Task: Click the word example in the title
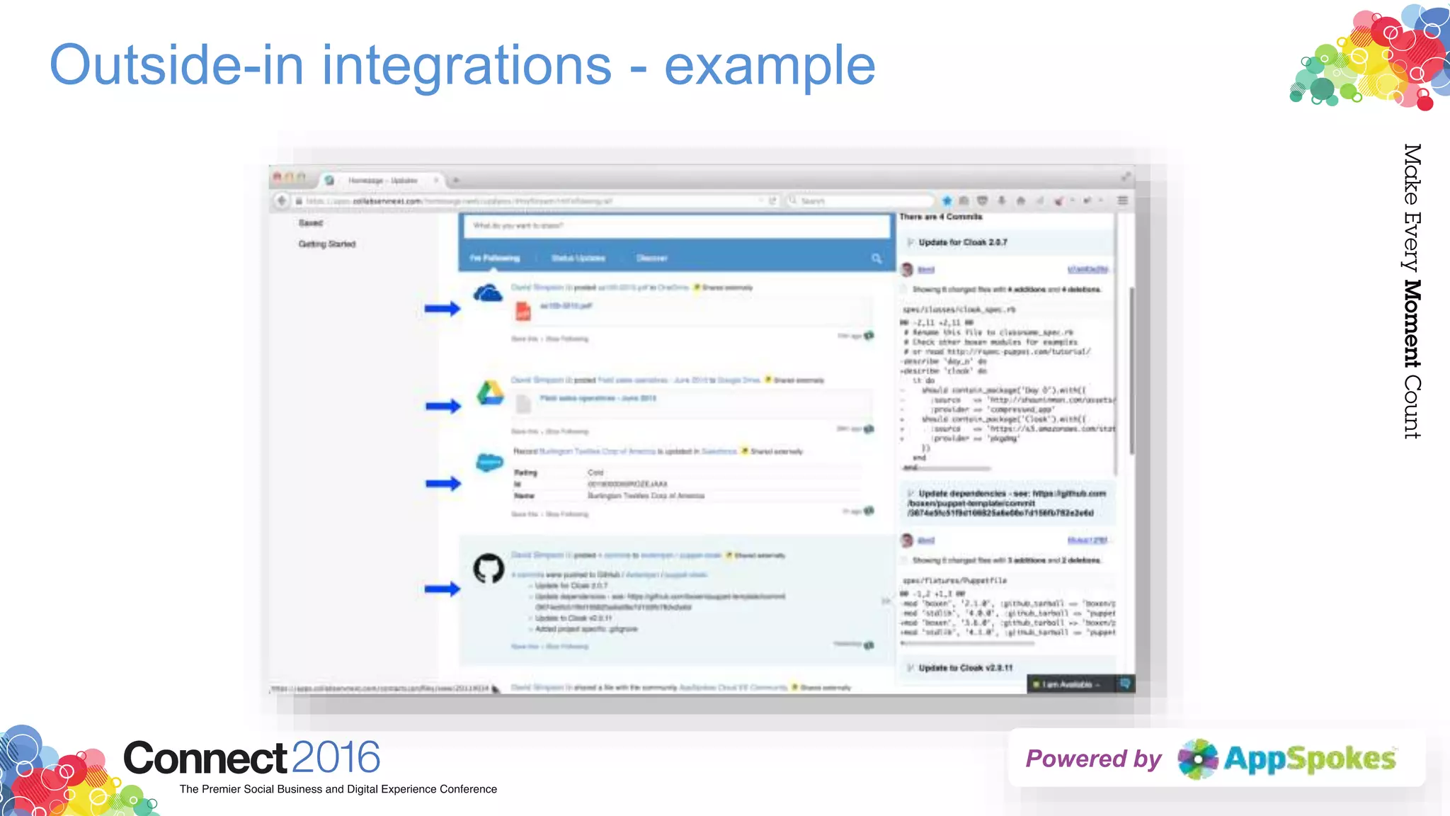(x=770, y=65)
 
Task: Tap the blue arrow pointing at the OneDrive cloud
(x=442, y=308)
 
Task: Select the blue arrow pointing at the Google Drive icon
(x=443, y=406)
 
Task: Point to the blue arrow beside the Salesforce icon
(x=443, y=484)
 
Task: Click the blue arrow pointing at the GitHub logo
(x=442, y=589)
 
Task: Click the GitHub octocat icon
(x=489, y=568)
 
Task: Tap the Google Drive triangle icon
(x=489, y=393)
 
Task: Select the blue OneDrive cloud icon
(x=488, y=293)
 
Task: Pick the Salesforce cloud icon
(x=489, y=463)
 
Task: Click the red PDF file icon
(x=523, y=310)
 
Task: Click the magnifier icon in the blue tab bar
(x=877, y=259)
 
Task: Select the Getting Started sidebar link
(x=327, y=244)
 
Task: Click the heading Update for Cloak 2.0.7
(x=963, y=242)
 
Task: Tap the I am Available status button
(x=1067, y=684)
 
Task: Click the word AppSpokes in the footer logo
(x=1309, y=759)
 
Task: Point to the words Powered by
(x=1093, y=759)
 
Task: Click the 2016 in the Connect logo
(x=336, y=758)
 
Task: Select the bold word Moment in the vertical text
(x=1412, y=324)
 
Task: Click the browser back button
(x=282, y=200)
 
